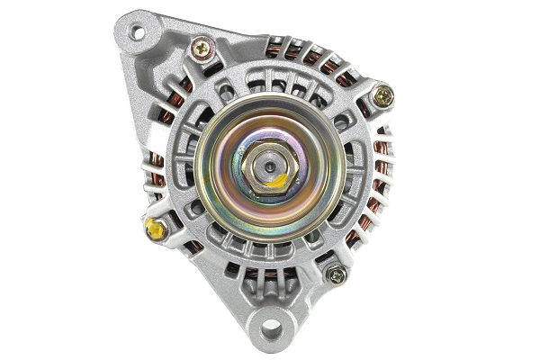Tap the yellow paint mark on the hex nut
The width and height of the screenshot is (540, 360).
(278, 180)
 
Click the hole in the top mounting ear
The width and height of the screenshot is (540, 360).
(137, 33)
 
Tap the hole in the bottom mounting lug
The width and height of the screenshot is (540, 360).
(271, 326)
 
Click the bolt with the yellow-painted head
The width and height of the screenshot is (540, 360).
(155, 229)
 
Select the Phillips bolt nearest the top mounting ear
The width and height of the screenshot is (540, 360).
(202, 48)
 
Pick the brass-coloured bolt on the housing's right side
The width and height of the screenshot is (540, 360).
(383, 94)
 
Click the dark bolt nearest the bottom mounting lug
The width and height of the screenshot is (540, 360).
(337, 275)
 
